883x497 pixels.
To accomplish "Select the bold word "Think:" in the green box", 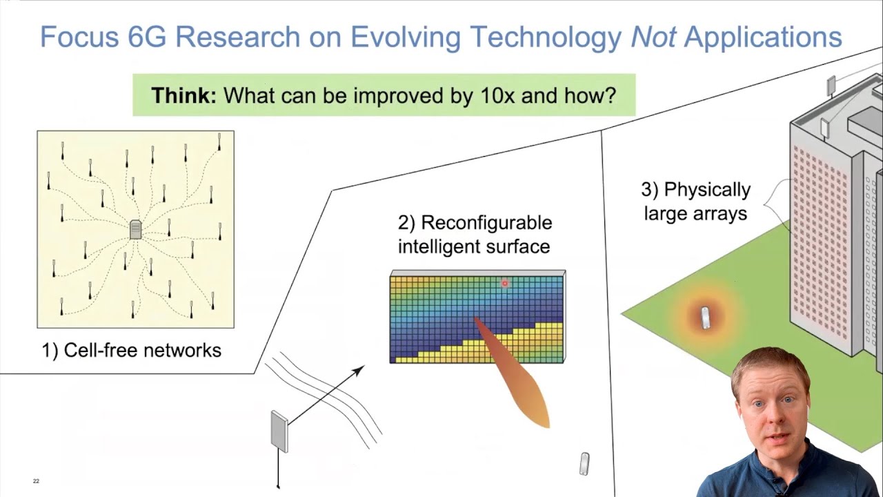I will pos(183,95).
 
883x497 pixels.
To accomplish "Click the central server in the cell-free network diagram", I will pos(136,229).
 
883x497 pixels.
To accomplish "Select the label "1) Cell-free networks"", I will pos(132,351).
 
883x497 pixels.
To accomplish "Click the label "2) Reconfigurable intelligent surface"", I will pos(475,235).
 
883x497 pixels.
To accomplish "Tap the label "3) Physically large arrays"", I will pos(695,202).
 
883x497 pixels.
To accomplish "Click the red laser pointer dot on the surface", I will pos(505,283).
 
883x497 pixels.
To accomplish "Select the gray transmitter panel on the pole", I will pos(279,431).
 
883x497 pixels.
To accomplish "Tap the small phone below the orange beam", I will pos(584,464).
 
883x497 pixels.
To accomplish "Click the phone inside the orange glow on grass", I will pos(705,318).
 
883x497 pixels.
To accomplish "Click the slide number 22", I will pos(36,481).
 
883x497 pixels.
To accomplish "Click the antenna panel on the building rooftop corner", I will pos(831,86).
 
